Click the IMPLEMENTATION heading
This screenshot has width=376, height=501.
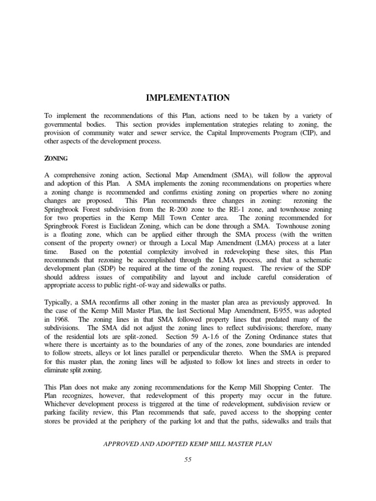click(188, 98)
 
